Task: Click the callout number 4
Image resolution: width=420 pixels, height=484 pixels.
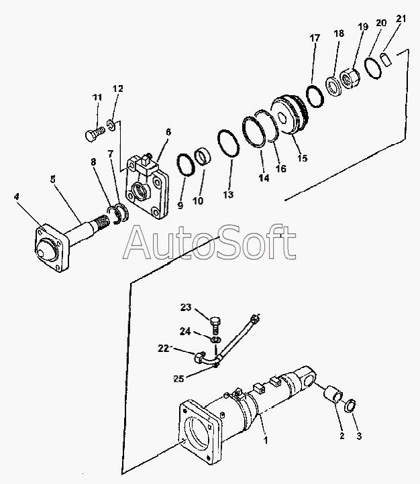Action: [x=16, y=196]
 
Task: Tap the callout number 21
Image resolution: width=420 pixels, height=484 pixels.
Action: [x=401, y=19]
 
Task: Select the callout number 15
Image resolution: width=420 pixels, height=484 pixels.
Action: [x=303, y=159]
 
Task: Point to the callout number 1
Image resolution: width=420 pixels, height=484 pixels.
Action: [x=266, y=441]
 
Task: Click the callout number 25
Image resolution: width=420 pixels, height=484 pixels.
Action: [x=178, y=379]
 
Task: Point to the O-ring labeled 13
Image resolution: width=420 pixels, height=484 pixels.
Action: [x=226, y=144]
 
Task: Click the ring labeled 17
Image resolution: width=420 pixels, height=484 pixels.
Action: [x=315, y=95]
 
